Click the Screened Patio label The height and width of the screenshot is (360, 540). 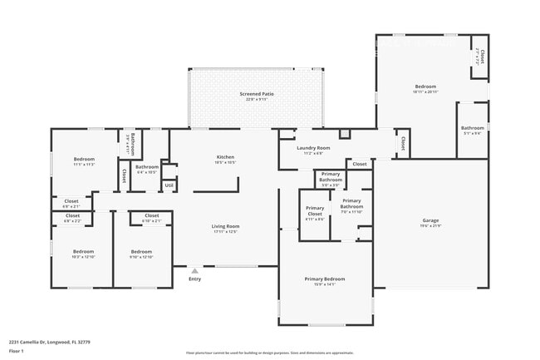coord(256,94)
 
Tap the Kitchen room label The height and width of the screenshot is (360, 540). coord(225,156)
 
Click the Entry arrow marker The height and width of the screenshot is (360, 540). coord(194,270)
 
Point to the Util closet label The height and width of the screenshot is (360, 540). coord(169,185)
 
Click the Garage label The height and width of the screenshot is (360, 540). coord(430,220)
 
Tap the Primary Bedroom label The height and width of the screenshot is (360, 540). coord(324,279)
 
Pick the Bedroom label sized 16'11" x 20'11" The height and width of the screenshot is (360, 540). coord(425,86)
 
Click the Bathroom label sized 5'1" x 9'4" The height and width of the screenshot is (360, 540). coord(472,128)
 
